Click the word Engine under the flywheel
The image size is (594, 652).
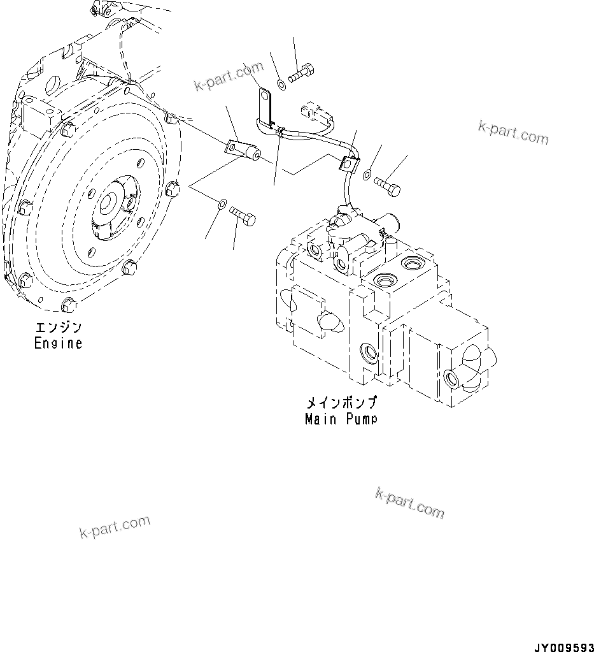coord(58,343)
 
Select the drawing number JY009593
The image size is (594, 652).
coord(562,644)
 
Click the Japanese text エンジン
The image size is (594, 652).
coord(58,328)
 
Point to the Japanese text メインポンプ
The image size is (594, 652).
coord(341,403)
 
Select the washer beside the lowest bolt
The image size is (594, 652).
coord(220,204)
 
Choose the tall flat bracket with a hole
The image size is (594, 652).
coord(265,102)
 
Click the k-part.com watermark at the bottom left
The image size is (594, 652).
coord(115,526)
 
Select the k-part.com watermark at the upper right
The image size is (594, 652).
coord(513,132)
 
